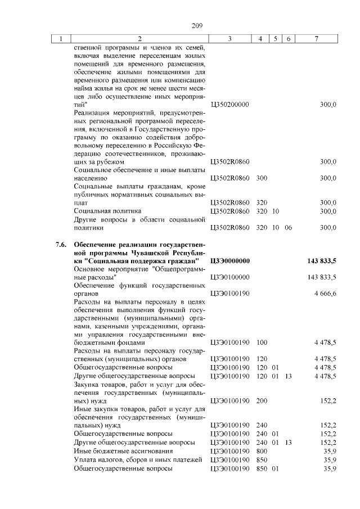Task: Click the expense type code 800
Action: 261,451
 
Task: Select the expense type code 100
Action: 261,343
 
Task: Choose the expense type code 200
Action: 261,402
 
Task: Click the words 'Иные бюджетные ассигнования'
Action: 119,451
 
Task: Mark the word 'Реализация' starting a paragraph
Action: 92,112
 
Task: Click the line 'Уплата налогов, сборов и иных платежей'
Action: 137,459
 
